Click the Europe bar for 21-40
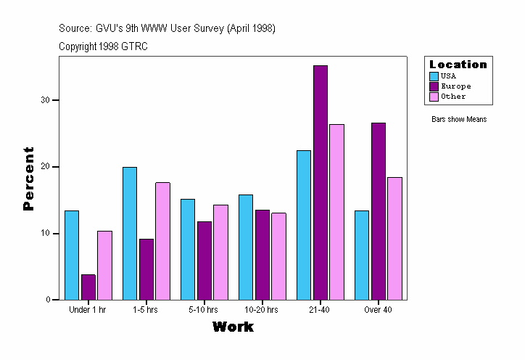[x=321, y=182]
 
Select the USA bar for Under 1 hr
[x=72, y=255]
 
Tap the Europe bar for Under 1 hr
[x=88, y=287]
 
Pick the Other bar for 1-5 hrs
[x=162, y=240]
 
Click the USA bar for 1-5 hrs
[x=130, y=233]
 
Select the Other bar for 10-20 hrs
[x=278, y=255]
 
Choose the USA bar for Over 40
[x=362, y=255]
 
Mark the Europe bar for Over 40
[x=379, y=210]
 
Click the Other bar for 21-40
[x=336, y=211]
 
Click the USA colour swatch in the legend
[x=434, y=75]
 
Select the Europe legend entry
[x=455, y=86]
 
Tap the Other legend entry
[x=453, y=96]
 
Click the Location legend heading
[x=458, y=64]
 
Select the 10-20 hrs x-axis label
[x=261, y=310]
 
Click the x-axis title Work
[x=233, y=327]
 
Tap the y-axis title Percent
[x=29, y=179]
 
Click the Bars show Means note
[x=459, y=119]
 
